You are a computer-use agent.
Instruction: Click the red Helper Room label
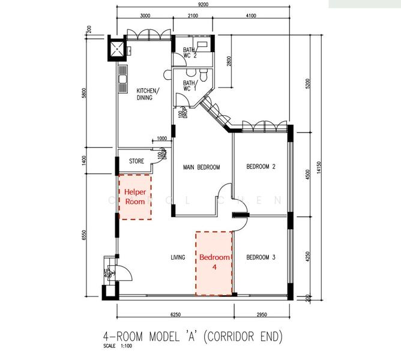[x=135, y=196]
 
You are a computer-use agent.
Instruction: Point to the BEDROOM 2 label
[x=261, y=167]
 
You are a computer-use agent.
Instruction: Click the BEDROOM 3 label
[x=261, y=257]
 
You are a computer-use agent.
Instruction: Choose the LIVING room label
[x=178, y=257]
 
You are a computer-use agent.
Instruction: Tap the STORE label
[x=137, y=161]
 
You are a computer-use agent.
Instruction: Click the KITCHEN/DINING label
[x=147, y=94]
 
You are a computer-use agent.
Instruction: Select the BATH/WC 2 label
[x=190, y=53]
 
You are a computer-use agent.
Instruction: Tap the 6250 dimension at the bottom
[x=175, y=314]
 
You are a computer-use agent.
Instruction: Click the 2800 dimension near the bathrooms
[x=228, y=62]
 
